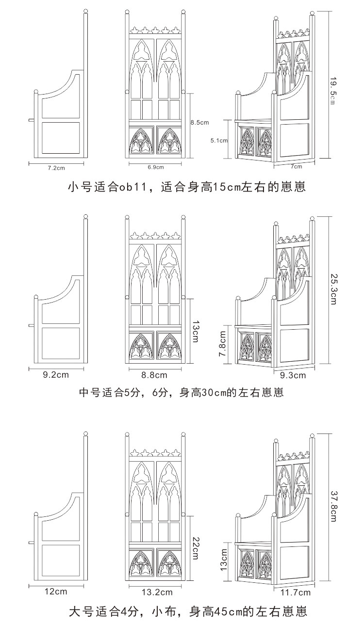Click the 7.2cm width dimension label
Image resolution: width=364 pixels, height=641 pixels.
point(56,168)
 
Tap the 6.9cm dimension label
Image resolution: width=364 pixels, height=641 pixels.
point(155,167)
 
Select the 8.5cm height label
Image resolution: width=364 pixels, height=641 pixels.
point(199,123)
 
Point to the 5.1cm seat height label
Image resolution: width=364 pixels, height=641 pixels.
point(219,141)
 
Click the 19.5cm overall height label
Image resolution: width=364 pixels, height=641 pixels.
point(333,90)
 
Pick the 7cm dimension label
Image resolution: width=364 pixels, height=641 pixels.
point(296,166)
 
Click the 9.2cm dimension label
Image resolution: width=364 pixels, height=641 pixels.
point(56,375)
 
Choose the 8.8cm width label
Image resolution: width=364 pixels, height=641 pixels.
point(154,375)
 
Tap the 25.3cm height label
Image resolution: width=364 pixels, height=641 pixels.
point(333,289)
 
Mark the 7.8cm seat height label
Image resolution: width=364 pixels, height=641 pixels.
point(222,344)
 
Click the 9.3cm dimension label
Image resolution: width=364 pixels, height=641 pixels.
point(293,375)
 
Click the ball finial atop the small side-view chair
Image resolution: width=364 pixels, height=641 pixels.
point(85,11)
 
